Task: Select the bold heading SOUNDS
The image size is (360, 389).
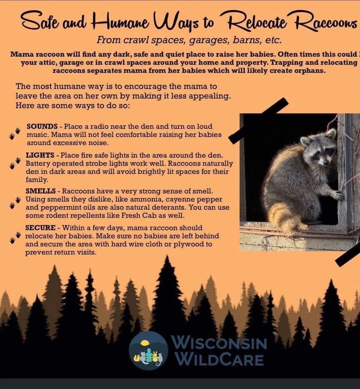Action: [x=42, y=127]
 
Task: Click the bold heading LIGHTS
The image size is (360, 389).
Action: [x=40, y=155]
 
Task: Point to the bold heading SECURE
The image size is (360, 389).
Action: [x=40, y=228]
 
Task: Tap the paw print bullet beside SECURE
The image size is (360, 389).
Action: [x=15, y=237]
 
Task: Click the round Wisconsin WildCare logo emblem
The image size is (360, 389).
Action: [x=149, y=350]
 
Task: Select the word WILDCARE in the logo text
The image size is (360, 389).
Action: [x=220, y=360]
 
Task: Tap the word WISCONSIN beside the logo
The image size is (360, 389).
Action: [x=219, y=343]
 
